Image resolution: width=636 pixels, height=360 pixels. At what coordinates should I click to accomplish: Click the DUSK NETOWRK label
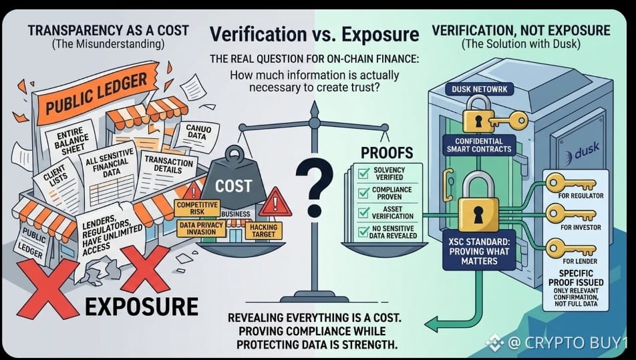click(480, 89)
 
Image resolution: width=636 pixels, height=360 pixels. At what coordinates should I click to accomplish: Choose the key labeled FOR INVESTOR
click(571, 213)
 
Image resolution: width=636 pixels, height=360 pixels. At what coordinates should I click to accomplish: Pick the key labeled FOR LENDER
click(571, 247)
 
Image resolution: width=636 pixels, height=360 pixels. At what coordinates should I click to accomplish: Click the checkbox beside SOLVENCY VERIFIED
click(363, 173)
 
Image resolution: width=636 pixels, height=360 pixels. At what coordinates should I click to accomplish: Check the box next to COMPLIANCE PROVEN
click(363, 193)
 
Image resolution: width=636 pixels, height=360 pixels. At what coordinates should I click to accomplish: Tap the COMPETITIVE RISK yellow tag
click(197, 208)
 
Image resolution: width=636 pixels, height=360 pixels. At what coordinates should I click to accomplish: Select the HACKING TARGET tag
click(263, 230)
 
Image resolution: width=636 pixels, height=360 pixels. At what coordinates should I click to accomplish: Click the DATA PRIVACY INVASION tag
click(201, 228)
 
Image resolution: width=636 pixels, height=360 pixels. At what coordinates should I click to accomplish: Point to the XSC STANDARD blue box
click(479, 251)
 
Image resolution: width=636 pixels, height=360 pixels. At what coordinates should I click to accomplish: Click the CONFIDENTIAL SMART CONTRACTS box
click(478, 145)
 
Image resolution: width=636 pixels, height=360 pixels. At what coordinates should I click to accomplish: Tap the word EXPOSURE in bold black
click(142, 307)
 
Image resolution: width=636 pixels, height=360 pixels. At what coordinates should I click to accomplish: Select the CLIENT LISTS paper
click(57, 182)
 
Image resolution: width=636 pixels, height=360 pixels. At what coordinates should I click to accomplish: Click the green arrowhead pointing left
click(432, 323)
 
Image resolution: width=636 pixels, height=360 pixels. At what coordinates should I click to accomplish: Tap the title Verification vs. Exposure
click(314, 34)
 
